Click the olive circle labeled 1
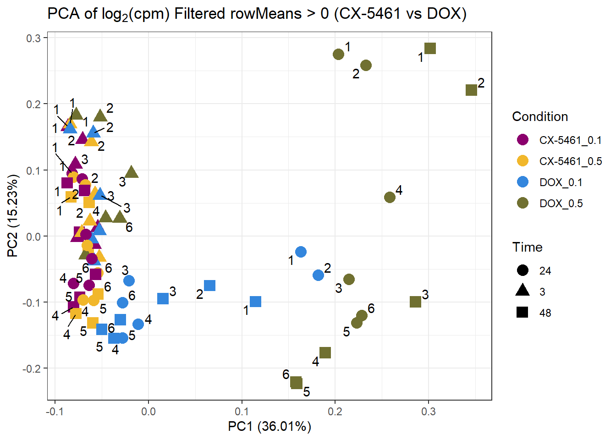(338, 55)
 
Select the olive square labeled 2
(471, 90)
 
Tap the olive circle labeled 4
(390, 197)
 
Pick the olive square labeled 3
(415, 302)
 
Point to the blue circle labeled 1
(301, 252)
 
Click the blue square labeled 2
(209, 286)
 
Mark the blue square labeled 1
(255, 302)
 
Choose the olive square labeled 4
(325, 352)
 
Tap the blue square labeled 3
(163, 298)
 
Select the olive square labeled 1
(430, 48)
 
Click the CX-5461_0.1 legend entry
(570, 140)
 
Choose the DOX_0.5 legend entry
(561, 203)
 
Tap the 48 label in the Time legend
(545, 313)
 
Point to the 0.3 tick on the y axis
(33, 38)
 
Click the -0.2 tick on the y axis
(31, 368)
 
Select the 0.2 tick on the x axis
(335, 411)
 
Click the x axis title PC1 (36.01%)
(269, 427)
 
